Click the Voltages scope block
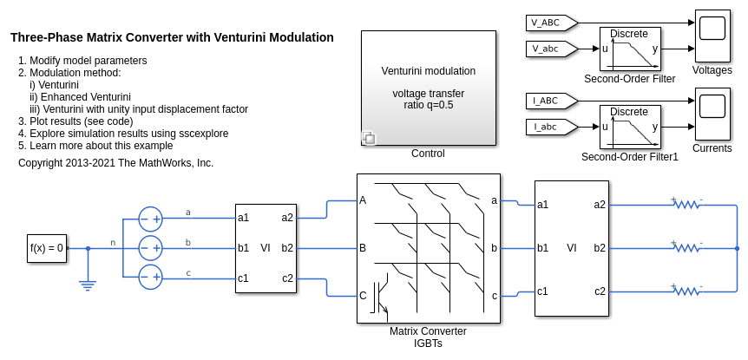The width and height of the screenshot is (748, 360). point(712,35)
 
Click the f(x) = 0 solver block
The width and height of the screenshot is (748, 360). point(47,248)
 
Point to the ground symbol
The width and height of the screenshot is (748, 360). point(88,283)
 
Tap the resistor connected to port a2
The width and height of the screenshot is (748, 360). point(687,205)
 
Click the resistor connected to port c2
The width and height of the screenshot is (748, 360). point(687,291)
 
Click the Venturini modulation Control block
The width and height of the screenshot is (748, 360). point(429,88)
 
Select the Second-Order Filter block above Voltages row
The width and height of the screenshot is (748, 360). point(631,49)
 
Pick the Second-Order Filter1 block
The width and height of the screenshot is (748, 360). point(631,128)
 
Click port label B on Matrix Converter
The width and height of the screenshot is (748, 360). point(363,247)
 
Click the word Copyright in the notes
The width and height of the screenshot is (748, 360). point(43,163)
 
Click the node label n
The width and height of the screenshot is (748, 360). point(112,242)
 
